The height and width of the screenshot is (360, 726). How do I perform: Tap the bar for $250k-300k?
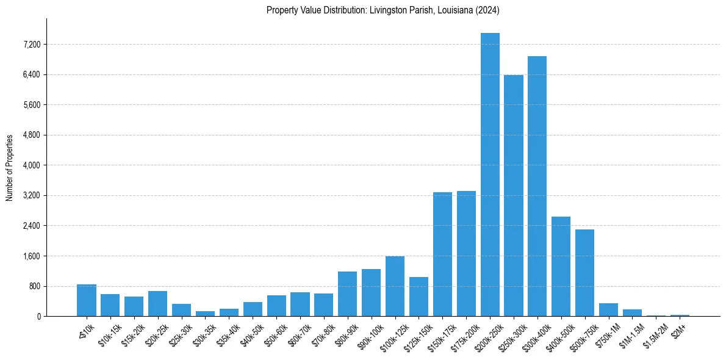(x=514, y=195)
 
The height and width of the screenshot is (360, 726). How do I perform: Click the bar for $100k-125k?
(x=395, y=286)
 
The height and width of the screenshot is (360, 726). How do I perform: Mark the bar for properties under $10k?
(x=87, y=300)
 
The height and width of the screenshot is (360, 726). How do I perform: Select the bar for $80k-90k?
(x=347, y=293)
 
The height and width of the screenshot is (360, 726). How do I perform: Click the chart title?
(x=383, y=10)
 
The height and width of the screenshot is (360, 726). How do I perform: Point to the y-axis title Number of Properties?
(x=10, y=168)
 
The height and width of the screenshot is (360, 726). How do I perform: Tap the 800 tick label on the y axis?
(x=34, y=286)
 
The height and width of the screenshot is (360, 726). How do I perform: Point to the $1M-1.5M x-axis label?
(x=629, y=332)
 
